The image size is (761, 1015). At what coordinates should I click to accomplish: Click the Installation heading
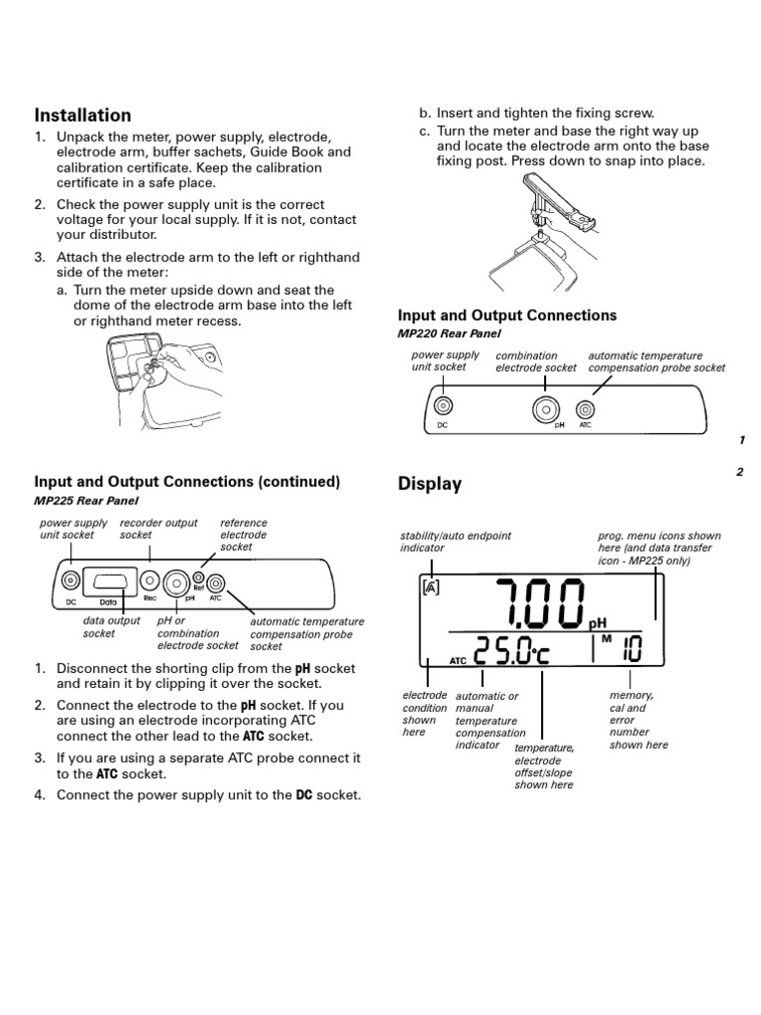[x=83, y=115]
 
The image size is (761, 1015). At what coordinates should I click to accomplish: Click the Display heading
[x=429, y=484]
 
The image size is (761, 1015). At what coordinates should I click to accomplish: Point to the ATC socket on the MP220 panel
[x=586, y=407]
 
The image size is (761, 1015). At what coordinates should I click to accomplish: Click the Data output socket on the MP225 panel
[x=111, y=581]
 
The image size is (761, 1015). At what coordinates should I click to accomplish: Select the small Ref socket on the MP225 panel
[x=198, y=576]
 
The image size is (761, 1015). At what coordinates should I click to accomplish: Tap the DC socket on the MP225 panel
[x=70, y=580]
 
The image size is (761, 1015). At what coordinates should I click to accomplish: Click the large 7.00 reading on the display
[x=528, y=604]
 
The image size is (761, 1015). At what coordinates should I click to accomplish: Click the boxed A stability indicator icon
[x=431, y=587]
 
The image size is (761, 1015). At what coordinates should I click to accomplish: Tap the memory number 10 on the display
[x=630, y=651]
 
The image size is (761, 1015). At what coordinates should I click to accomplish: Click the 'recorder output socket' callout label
[x=158, y=528]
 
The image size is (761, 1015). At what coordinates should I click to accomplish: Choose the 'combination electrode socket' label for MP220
[x=535, y=362]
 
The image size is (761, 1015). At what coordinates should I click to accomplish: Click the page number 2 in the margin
[x=739, y=472]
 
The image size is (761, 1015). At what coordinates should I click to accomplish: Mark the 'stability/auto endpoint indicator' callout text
[x=455, y=541]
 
